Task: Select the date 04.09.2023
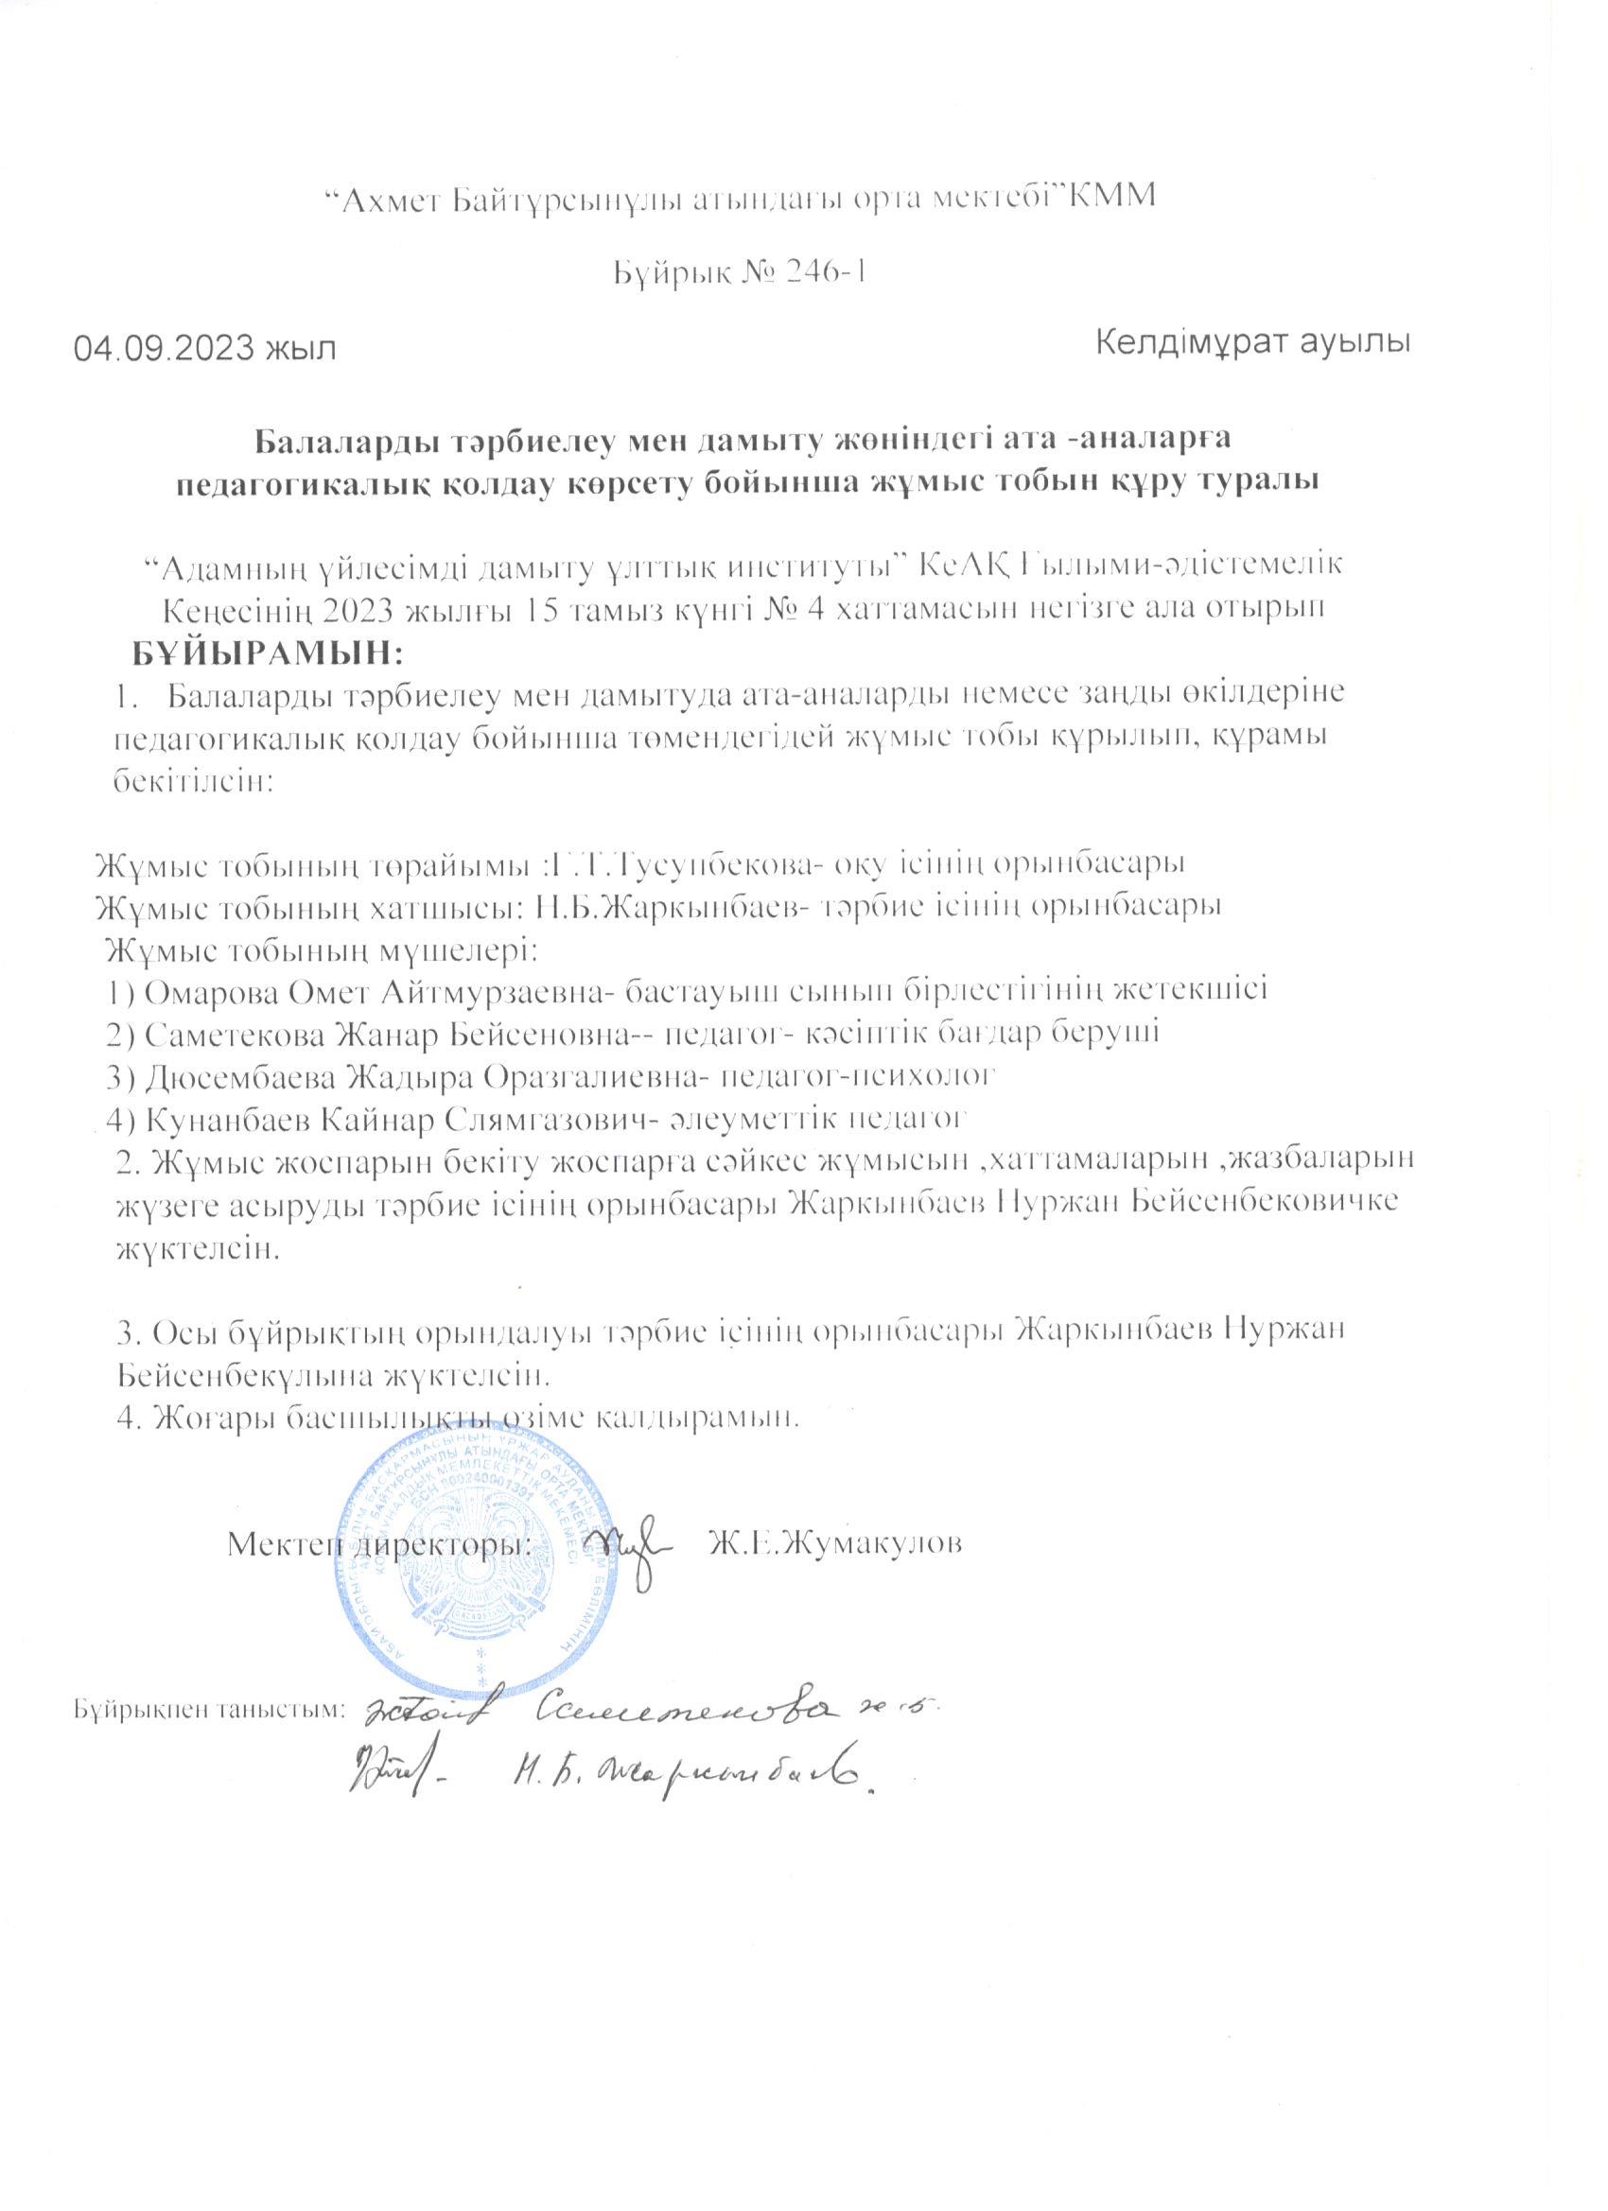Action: pyautogui.click(x=161, y=348)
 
